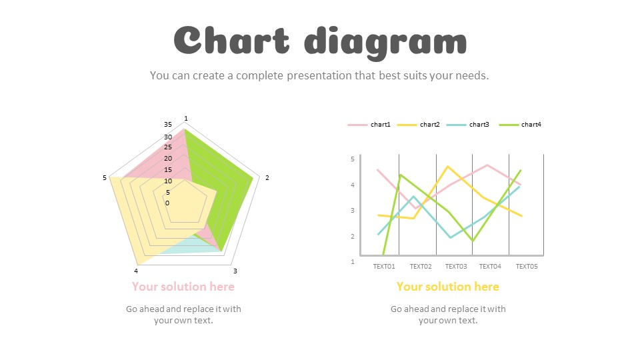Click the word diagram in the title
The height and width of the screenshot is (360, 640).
tap(385, 41)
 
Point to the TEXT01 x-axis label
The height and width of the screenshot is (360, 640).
tap(384, 267)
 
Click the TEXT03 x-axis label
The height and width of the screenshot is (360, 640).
tap(456, 267)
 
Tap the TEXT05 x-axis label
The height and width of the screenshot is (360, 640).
tap(527, 267)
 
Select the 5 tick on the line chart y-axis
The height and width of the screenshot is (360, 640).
tap(352, 159)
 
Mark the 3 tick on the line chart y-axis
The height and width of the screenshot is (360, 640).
tap(352, 211)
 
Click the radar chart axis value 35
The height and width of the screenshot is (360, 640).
tap(167, 125)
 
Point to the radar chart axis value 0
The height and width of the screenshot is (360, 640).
tap(167, 203)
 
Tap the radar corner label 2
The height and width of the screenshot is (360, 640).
tap(267, 177)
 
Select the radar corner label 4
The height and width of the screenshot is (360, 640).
tap(136, 271)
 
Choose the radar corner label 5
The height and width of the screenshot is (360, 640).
tap(105, 177)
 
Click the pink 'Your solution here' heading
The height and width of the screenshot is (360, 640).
tap(183, 287)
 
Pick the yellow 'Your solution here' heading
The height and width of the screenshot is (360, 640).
tap(447, 287)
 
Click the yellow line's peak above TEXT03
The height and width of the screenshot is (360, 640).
tap(447, 167)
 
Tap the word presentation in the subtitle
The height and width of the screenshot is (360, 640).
tap(319, 75)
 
